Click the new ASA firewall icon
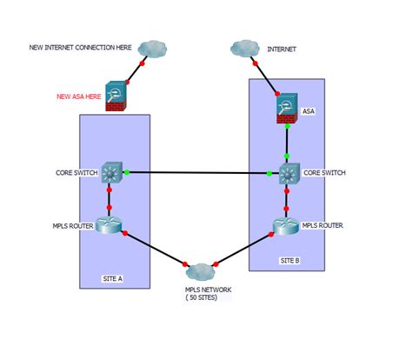click(116, 96)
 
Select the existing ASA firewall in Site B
click(287, 108)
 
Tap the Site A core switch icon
click(112, 172)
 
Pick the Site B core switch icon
click(289, 174)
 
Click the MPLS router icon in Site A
click(109, 225)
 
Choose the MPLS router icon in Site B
click(286, 226)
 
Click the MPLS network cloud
click(200, 272)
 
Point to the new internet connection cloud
click(152, 49)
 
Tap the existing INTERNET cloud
click(245, 49)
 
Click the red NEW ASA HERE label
click(79, 97)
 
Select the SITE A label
click(113, 278)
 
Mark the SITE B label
click(289, 261)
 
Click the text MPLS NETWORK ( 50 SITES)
click(209, 293)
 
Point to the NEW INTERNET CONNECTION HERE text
click(80, 48)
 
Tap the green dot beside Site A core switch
click(127, 172)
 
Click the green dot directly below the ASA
click(288, 126)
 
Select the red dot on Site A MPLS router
click(125, 233)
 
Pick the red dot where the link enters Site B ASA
click(277, 94)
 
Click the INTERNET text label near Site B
click(282, 50)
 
